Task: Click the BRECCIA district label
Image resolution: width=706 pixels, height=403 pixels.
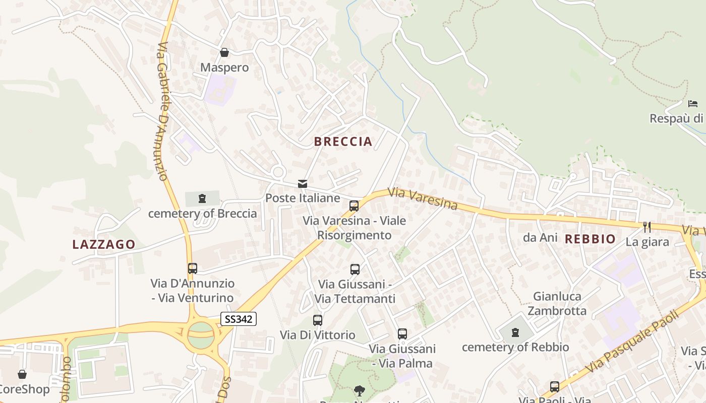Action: [343, 142]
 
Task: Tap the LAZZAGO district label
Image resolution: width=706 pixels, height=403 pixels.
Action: [104, 245]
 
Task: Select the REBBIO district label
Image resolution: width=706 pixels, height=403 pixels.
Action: [590, 239]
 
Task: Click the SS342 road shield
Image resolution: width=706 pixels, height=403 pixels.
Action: [239, 318]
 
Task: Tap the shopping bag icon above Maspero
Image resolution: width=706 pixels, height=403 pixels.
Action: [224, 52]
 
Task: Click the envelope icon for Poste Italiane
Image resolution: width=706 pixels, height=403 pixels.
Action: [303, 184]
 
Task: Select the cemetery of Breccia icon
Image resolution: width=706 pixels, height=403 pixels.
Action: [202, 198]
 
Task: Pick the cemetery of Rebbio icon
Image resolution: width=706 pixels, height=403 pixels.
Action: [515, 332]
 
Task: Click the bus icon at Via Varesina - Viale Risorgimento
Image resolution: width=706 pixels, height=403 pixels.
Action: [354, 206]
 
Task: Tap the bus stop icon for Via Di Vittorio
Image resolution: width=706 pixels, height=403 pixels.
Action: [317, 320]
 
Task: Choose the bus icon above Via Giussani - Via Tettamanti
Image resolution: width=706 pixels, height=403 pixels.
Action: [355, 270]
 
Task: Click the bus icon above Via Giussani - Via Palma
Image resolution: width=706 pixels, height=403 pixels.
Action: [402, 333]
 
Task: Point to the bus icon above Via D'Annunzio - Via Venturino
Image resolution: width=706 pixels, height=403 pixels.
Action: [192, 268]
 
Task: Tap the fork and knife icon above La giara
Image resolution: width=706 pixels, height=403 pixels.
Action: [647, 227]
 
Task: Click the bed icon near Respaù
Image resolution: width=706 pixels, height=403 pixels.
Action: [693, 104]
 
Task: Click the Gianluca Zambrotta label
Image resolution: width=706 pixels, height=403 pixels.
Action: [557, 303]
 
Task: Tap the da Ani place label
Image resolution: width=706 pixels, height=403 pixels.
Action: [540, 237]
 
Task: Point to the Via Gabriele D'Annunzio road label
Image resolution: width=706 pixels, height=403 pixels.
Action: [162, 111]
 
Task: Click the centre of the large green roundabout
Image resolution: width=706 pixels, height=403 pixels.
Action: [201, 333]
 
